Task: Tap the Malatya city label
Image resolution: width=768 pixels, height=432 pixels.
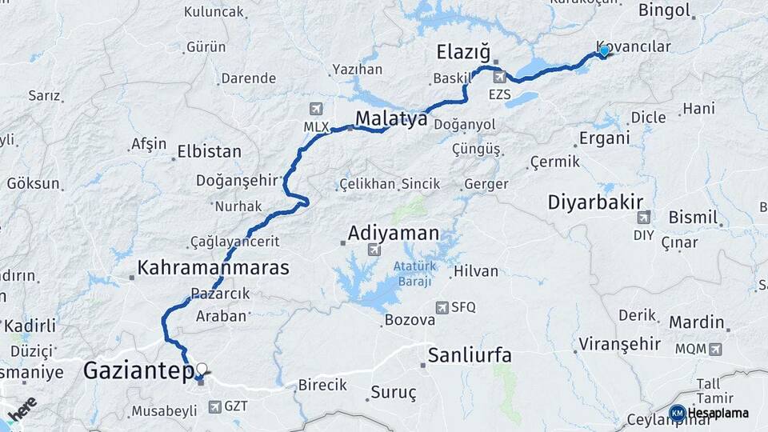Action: point(391,119)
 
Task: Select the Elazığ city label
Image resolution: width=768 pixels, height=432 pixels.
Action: point(462,53)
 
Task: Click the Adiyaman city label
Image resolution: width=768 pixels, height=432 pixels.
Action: point(394,234)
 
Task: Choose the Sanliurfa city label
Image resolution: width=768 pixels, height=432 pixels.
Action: point(470,354)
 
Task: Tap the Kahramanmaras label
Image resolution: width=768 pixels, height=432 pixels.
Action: point(213,267)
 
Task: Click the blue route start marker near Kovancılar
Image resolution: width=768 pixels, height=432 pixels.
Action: point(604,51)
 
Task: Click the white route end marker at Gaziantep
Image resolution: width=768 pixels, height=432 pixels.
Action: point(201,369)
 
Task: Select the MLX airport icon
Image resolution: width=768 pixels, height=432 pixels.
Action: point(315,109)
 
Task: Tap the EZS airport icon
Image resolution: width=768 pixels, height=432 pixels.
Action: point(500,77)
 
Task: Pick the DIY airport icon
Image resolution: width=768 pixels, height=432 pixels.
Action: point(644,217)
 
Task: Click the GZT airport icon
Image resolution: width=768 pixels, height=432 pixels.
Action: point(214,406)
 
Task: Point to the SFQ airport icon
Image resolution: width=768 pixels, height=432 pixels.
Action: point(442,307)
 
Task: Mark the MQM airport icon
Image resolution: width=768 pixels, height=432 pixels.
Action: point(714,349)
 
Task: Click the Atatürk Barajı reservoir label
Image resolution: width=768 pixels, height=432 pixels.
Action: point(412,274)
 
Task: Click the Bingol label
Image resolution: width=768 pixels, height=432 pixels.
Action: point(664,10)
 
